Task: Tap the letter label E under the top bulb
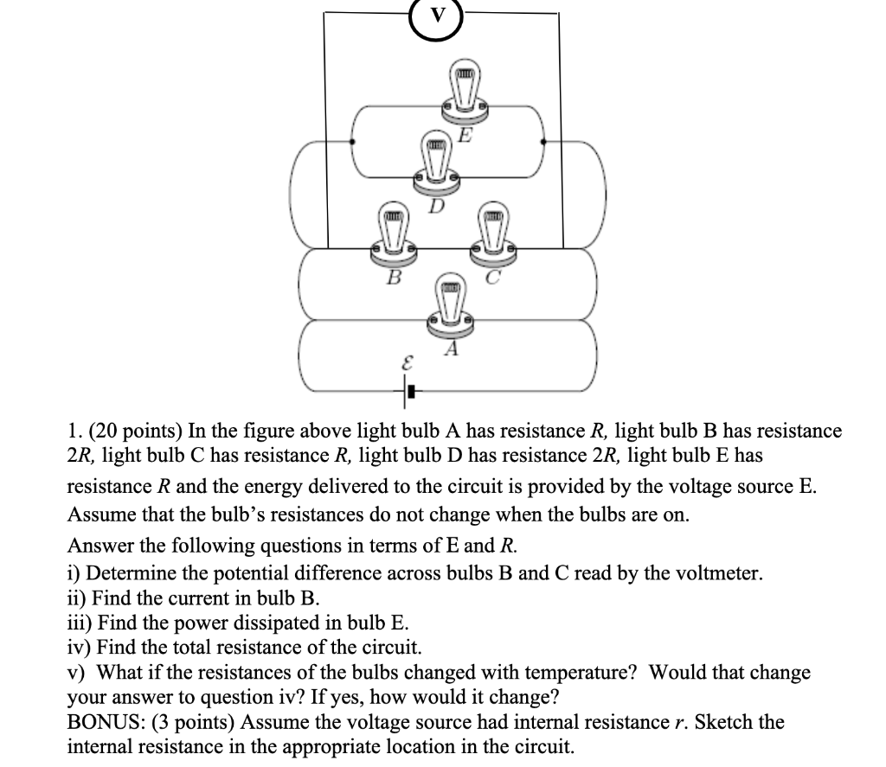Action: pos(465,135)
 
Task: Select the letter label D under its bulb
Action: pos(438,206)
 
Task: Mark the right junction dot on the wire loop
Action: pos(543,141)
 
